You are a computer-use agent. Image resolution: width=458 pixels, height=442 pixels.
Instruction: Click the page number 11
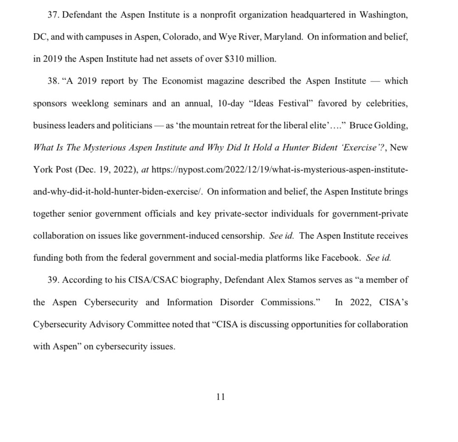tap(220, 397)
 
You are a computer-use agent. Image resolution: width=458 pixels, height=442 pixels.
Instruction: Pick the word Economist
tap(180, 81)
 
